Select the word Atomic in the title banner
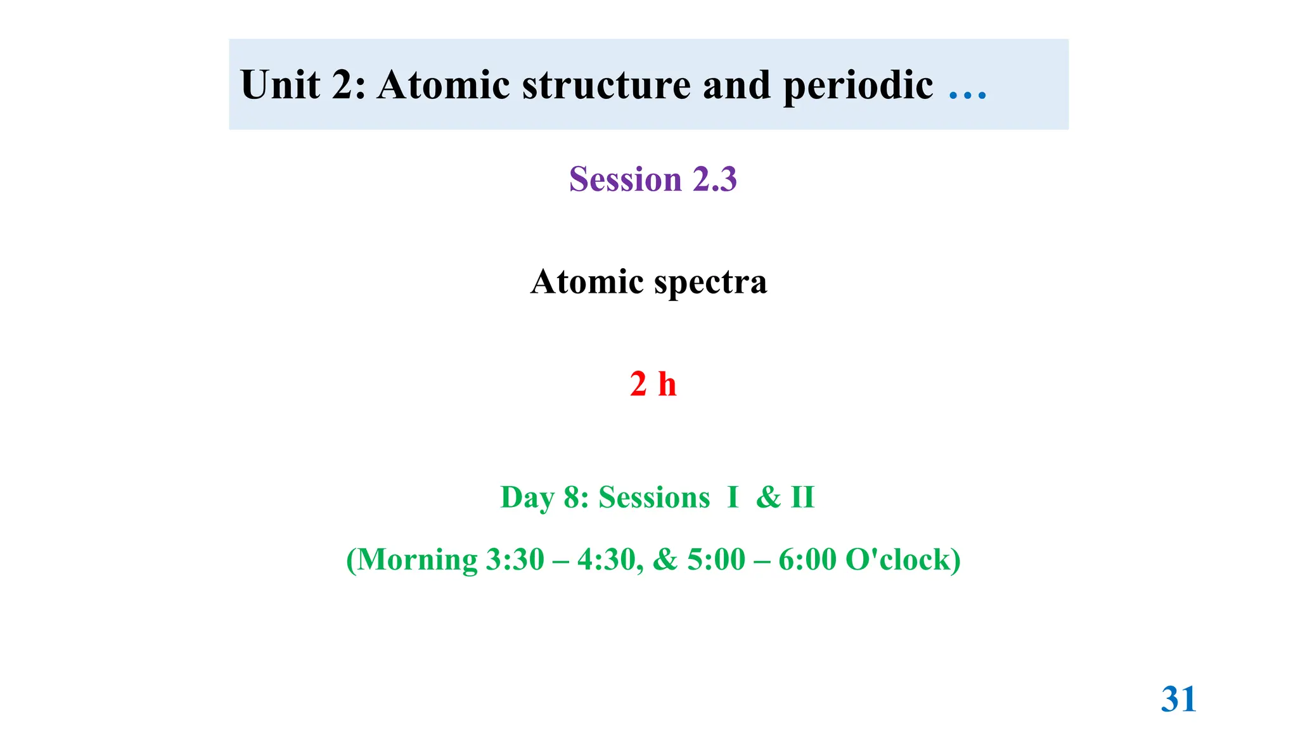[443, 85]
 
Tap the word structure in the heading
[606, 85]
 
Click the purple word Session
[625, 179]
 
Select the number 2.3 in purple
[714, 179]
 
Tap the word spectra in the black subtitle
[710, 283]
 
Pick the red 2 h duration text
[653, 384]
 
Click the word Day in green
[527, 497]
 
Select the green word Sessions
[654, 497]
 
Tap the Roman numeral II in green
[802, 497]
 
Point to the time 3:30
[515, 560]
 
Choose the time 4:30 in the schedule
[605, 560]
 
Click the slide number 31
[1178, 700]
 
